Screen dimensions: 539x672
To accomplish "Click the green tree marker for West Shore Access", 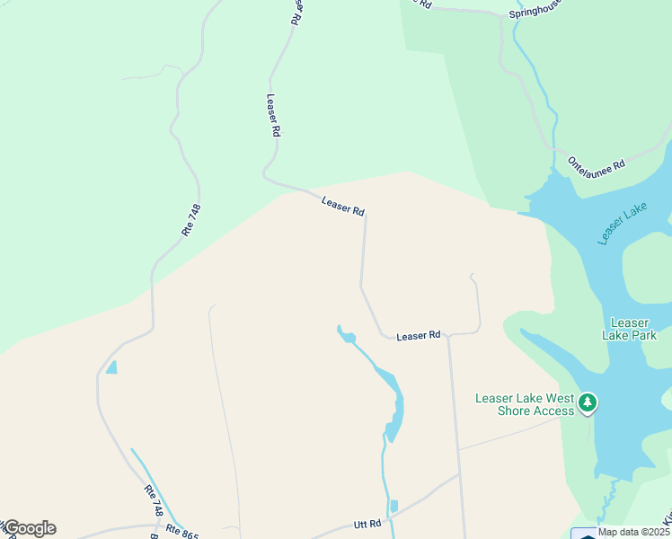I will tap(588, 402).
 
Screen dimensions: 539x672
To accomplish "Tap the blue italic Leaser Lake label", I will tap(623, 224).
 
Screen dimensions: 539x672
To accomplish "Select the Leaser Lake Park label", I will tap(629, 329).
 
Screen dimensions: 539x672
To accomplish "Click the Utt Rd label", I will tap(367, 523).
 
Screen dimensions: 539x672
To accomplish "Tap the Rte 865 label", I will tap(183, 531).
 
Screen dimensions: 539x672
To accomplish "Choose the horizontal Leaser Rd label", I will tap(419, 335).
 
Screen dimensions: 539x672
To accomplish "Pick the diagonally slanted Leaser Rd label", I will tap(343, 206).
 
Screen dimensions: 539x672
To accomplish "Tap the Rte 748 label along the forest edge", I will tap(190, 220).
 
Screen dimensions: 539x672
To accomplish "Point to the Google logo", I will tap(29, 528).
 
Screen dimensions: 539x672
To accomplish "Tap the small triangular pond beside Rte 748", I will tap(111, 367).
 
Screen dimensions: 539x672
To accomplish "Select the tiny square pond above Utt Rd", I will tap(393, 507).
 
